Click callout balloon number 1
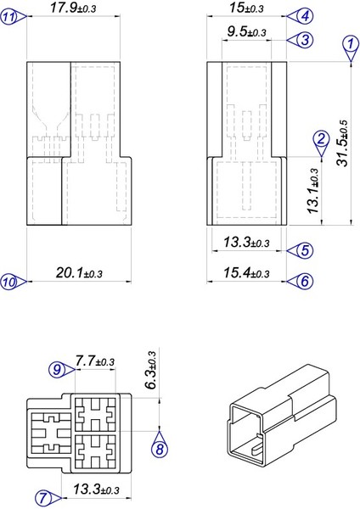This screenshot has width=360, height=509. pos(349,42)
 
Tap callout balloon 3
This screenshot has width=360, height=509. pos(304,39)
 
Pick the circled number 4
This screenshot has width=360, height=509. pos(304,15)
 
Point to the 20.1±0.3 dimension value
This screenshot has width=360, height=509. pos(77,273)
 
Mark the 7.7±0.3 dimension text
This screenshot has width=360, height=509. pos(94,361)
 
